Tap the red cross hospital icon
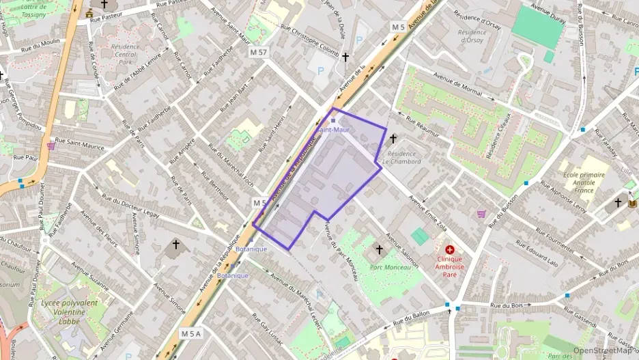449,251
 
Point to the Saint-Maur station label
332,130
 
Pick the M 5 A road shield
191,333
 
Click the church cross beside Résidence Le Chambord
393,138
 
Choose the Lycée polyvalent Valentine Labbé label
69,309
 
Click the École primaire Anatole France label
585,182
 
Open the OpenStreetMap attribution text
602,350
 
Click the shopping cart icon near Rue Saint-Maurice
51,146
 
